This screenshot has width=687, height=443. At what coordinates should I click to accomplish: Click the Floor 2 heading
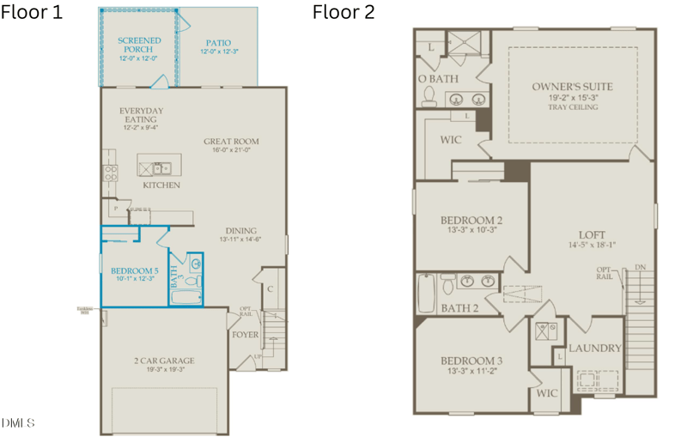point(343,12)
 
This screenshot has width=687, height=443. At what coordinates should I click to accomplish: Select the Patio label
point(219,43)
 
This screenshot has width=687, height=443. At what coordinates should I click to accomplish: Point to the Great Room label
point(231,142)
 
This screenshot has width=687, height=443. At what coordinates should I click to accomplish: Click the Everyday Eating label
point(142,115)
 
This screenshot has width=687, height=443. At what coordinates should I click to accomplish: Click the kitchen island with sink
point(155,167)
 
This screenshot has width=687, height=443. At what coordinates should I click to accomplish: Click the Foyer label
point(245,335)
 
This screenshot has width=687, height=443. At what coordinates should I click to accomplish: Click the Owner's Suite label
point(571,87)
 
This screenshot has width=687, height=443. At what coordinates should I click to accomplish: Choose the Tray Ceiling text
point(571,107)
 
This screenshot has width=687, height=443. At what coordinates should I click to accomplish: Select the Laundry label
point(594,348)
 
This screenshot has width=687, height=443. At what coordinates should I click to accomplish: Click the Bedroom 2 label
point(471,221)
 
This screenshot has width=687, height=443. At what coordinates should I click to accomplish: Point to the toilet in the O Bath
point(429,100)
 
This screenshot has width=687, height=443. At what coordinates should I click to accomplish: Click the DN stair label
point(639,268)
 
